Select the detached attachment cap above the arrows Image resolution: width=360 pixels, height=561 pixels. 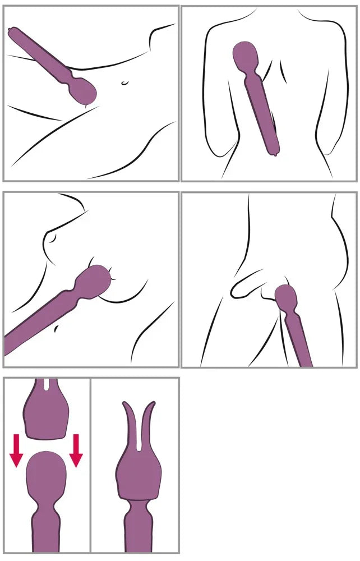[47, 415]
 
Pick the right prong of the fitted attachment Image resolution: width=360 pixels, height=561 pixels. [149, 424]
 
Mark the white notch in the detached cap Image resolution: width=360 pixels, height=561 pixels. [45, 387]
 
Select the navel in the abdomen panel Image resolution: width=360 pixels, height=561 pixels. [124, 84]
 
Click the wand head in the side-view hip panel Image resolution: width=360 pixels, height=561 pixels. [286, 297]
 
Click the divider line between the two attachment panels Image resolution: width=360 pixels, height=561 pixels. [90, 466]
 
